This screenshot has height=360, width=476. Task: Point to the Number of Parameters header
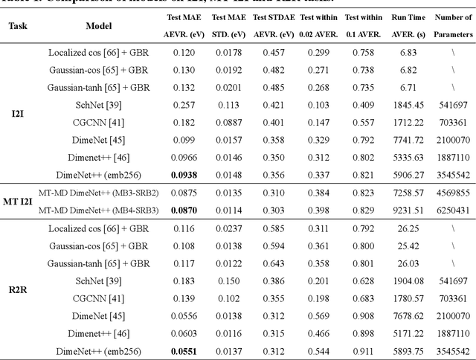[452, 25]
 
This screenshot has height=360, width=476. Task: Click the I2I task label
[16, 115]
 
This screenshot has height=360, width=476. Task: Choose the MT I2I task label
[18, 201]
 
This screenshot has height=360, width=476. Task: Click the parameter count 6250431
[452, 210]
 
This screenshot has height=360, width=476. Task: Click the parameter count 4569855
[452, 193]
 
